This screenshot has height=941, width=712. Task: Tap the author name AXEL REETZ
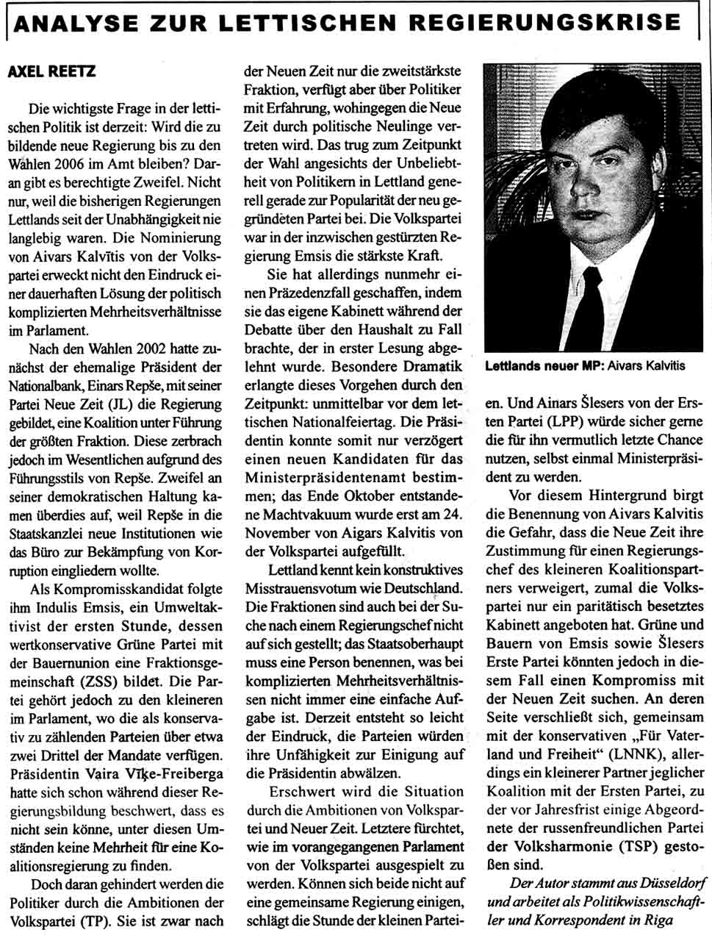(51, 72)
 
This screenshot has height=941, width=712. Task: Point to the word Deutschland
(425, 588)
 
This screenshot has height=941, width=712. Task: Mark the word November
(278, 532)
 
